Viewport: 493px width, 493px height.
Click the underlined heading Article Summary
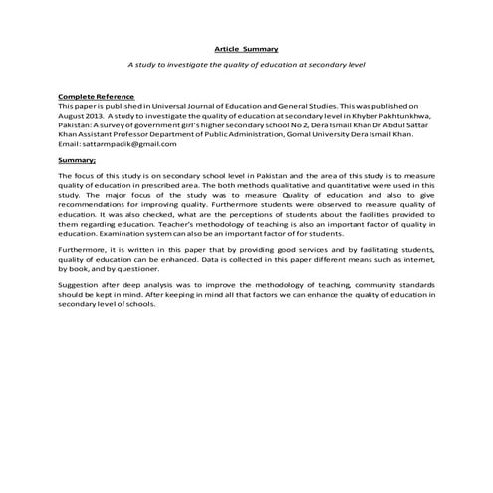(247, 48)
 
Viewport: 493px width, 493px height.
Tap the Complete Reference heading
(96, 96)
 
